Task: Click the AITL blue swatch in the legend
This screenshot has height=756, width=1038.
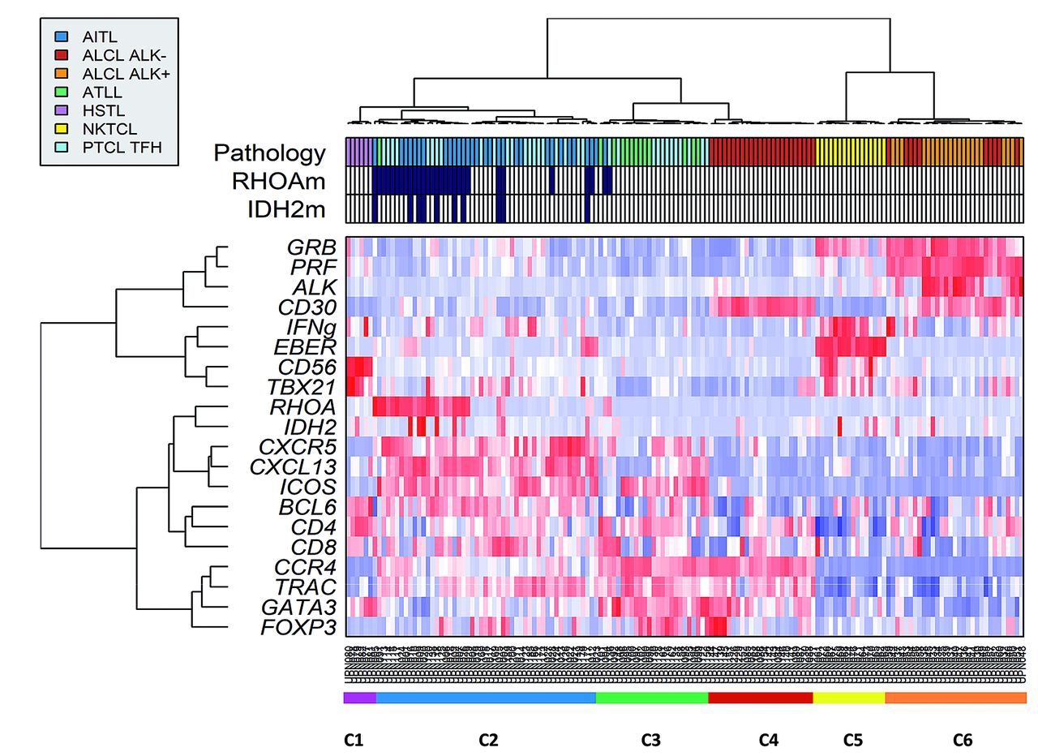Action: (x=61, y=37)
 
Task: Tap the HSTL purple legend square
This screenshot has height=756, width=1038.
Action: (x=61, y=110)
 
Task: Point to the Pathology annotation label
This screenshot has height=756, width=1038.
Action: (x=269, y=152)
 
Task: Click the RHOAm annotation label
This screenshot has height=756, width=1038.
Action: (x=276, y=181)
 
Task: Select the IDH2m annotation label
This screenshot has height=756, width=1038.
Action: (x=286, y=209)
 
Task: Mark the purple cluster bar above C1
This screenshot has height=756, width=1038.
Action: (x=359, y=697)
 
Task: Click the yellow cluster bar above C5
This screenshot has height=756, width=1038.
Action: (x=848, y=697)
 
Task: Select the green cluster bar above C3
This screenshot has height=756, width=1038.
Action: (x=651, y=697)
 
